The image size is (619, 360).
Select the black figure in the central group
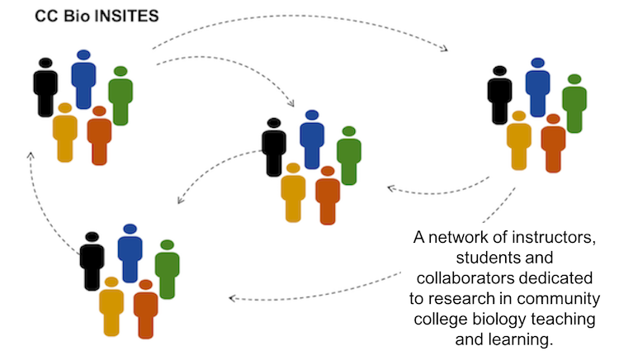[274, 147]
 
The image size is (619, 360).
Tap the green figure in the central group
[349, 155]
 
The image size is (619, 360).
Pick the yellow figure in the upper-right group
[518, 140]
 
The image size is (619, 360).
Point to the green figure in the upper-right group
[574, 103]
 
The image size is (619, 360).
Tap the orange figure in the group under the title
[99, 136]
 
